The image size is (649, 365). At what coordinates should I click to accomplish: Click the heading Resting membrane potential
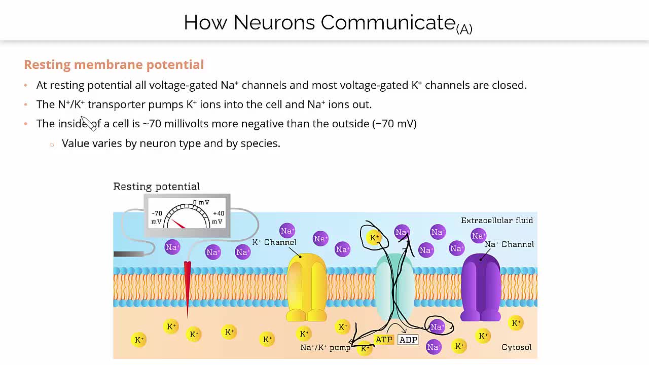[x=114, y=64]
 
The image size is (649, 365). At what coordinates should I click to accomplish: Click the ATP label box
[x=384, y=340]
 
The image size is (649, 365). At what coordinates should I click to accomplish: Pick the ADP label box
[x=408, y=340]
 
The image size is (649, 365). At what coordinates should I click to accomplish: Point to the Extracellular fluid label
[x=496, y=221]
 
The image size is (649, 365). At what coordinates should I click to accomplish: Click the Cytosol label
[x=516, y=347]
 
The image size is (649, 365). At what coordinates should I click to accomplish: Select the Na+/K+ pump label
[x=325, y=348]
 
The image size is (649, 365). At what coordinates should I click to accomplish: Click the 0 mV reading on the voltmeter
[x=201, y=203]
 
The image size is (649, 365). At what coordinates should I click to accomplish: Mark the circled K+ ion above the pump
[x=374, y=237]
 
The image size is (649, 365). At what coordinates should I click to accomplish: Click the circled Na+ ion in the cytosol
[x=437, y=327]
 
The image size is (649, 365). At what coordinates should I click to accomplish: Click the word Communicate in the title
[x=388, y=23]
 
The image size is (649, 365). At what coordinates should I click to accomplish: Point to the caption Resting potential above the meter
[x=156, y=187]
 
